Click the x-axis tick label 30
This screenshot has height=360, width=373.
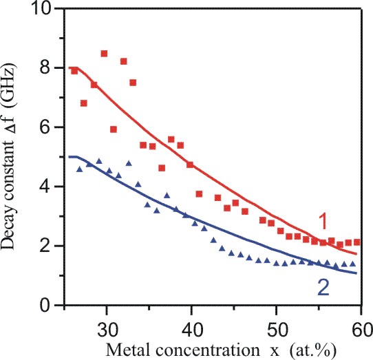point(107,330)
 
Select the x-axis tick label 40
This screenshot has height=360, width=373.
point(191,330)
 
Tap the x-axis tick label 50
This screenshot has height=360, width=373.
point(276,330)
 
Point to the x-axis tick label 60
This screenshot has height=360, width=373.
point(362,330)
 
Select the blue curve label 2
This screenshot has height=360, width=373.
point(323,288)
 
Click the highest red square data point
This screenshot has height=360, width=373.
point(104,54)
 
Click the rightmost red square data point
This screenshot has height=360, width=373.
point(356,242)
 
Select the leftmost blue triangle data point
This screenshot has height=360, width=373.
point(80,169)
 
